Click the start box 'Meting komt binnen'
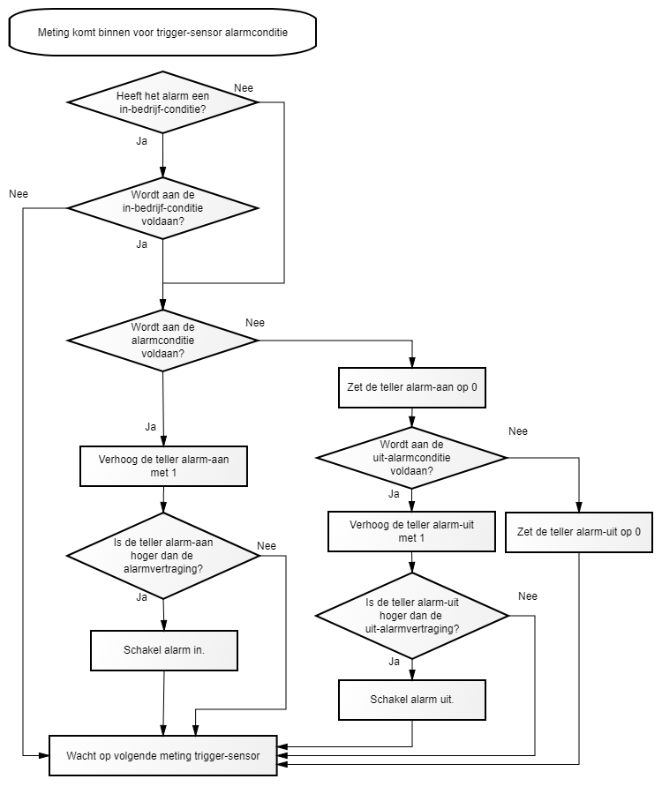pyautogui.click(x=162, y=32)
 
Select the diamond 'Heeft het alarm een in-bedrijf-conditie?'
pyautogui.click(x=162, y=102)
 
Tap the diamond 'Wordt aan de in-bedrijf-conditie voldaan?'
pyautogui.click(x=162, y=207)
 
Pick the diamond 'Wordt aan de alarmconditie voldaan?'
pyautogui.click(x=162, y=341)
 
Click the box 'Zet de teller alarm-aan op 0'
pyautogui.click(x=412, y=387)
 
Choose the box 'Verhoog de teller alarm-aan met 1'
pyautogui.click(x=163, y=466)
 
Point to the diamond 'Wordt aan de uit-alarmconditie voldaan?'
pyautogui.click(x=411, y=457)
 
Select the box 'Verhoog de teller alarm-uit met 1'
pyautogui.click(x=411, y=531)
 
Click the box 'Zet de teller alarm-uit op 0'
pyautogui.click(x=578, y=532)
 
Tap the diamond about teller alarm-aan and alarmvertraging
pyautogui.click(x=163, y=556)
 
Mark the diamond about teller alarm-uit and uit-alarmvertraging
pyautogui.click(x=412, y=615)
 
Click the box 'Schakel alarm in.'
pyautogui.click(x=164, y=650)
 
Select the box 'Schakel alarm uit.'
pyautogui.click(x=412, y=700)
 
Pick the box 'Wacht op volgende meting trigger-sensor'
pyautogui.click(x=163, y=755)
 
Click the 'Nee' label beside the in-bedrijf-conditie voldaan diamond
pyautogui.click(x=19, y=194)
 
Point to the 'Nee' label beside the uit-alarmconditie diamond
pyautogui.click(x=518, y=431)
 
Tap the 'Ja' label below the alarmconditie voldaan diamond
pyautogui.click(x=150, y=427)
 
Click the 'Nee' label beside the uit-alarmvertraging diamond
pyautogui.click(x=528, y=596)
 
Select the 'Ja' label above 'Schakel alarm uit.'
pyautogui.click(x=394, y=662)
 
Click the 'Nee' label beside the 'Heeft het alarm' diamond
pyautogui.click(x=244, y=88)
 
